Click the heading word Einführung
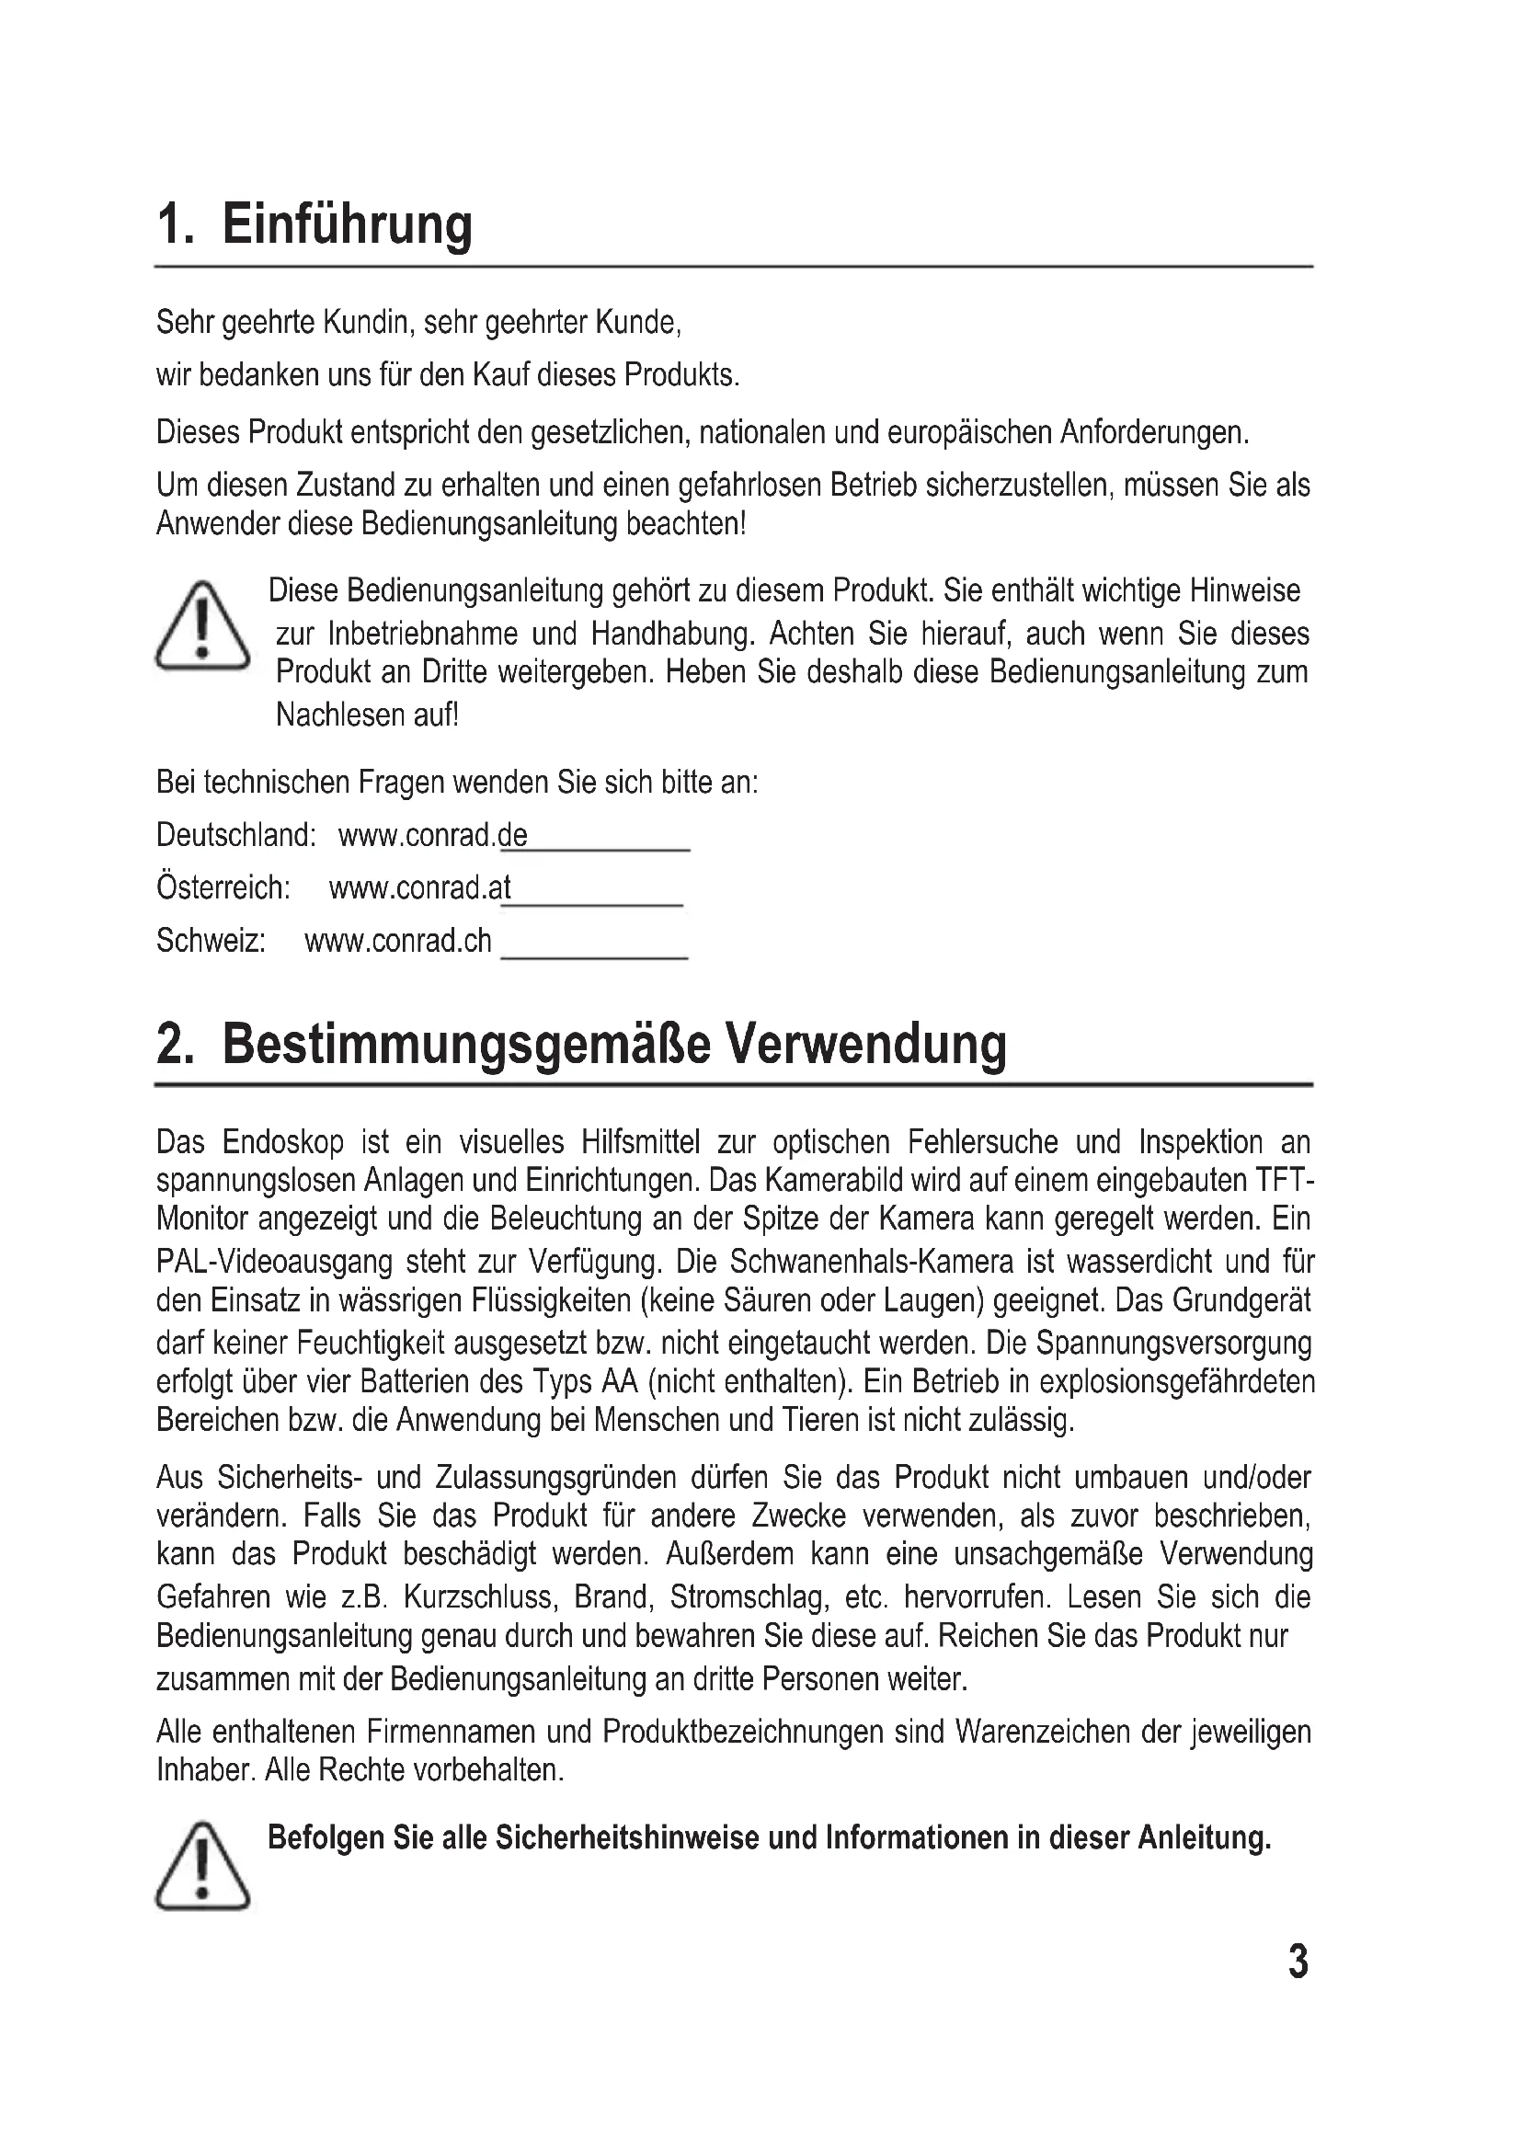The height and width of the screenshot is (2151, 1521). point(347,226)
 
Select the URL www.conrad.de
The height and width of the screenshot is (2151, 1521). point(433,835)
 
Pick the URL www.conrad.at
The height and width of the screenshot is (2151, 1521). point(419,888)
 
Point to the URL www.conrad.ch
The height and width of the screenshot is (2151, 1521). point(398,941)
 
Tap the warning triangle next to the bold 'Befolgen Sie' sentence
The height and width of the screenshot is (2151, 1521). point(202,1866)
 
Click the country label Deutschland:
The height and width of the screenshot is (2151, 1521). point(236,835)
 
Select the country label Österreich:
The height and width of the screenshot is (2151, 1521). point(223,888)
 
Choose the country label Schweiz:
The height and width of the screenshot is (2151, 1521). point(211,941)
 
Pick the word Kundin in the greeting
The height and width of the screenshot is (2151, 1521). point(365,322)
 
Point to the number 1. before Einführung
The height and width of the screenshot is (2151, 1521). point(175,226)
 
